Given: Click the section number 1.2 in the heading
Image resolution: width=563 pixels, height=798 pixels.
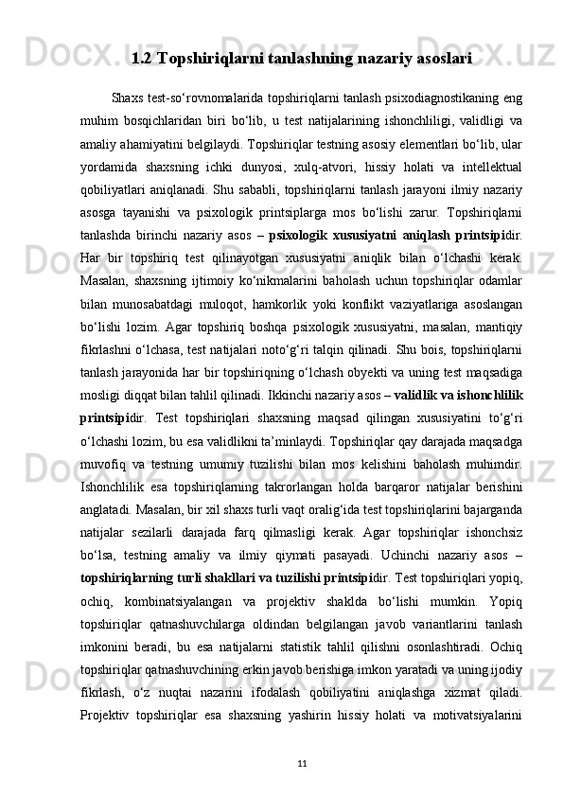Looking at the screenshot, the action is pos(142,60).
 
